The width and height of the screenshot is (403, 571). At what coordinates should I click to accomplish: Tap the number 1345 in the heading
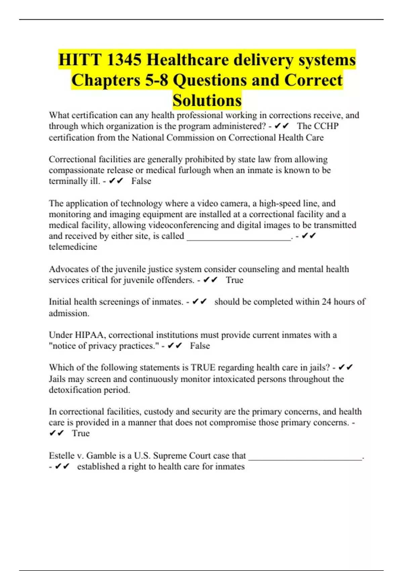124,60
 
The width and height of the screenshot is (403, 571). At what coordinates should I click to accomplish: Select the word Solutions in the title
207,100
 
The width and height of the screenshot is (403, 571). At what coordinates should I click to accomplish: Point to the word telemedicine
73,247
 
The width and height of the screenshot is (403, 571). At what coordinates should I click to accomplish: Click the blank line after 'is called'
238,236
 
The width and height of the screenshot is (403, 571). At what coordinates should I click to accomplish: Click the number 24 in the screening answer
326,302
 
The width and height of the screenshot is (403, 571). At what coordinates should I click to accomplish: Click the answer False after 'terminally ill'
141,181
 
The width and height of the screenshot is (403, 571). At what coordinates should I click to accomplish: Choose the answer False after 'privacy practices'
200,346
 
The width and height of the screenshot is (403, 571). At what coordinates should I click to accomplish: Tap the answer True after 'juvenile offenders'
234,280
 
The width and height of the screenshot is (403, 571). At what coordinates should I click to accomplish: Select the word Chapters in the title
106,80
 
